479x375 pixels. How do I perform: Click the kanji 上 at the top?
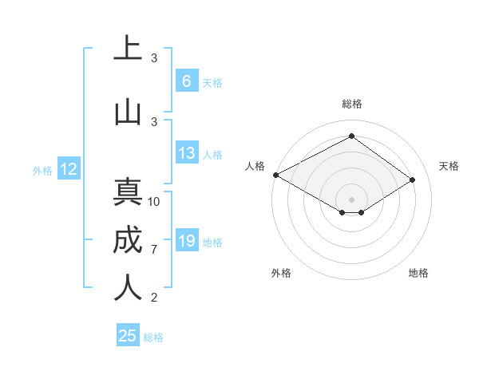pyautogui.click(x=128, y=49)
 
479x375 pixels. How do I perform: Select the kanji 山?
pyautogui.click(x=128, y=112)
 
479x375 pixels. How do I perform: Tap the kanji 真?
pyautogui.click(x=128, y=194)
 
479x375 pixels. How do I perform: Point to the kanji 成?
pyautogui.click(x=128, y=241)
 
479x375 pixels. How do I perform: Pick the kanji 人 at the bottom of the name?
pyautogui.click(x=128, y=288)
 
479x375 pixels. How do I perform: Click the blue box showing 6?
pyautogui.click(x=186, y=81)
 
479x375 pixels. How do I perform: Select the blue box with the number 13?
pyautogui.click(x=186, y=154)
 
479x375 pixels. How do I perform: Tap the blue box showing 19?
pyautogui.click(x=186, y=241)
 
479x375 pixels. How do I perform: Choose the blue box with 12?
pyautogui.click(x=69, y=169)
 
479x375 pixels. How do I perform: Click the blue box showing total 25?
pyautogui.click(x=128, y=336)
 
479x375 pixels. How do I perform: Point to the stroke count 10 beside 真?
pyautogui.click(x=154, y=202)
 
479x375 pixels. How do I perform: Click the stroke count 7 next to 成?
pyautogui.click(x=154, y=250)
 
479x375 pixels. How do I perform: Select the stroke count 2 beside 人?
pyautogui.click(x=154, y=298)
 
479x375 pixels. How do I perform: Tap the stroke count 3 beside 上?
pyautogui.click(x=154, y=58)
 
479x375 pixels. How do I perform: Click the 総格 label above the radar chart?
pyautogui.click(x=351, y=104)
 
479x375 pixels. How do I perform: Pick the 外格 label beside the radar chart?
pyautogui.click(x=281, y=274)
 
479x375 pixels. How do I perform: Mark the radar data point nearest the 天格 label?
pyautogui.click(x=412, y=180)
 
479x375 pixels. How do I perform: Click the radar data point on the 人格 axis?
pyautogui.click(x=275, y=175)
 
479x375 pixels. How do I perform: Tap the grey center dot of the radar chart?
pyautogui.click(x=351, y=198)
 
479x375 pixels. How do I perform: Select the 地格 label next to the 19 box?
pyautogui.click(x=213, y=243)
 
